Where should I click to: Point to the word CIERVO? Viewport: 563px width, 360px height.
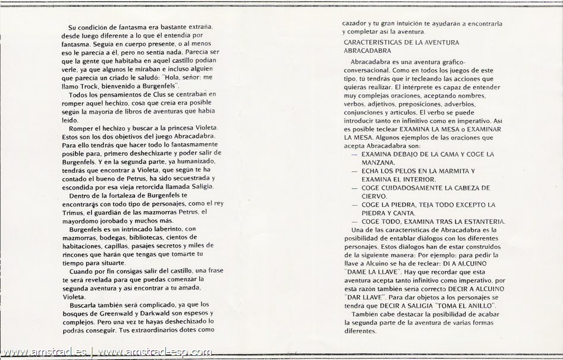tap(375, 196)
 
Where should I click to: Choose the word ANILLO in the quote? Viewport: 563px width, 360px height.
tap(483, 305)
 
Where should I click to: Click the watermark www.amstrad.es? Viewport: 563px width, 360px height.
tap(45, 352)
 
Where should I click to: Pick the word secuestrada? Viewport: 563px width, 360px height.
tap(178, 179)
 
